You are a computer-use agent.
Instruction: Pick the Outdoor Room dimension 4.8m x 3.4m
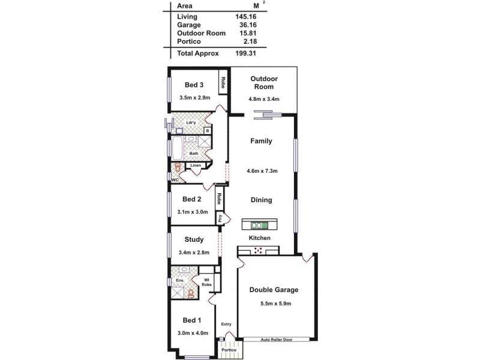coord(263,99)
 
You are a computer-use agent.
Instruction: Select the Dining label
coord(262,200)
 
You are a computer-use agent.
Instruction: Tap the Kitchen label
coord(260,238)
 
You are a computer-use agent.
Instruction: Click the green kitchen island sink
coord(260,226)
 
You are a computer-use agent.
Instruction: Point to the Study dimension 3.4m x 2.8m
coord(194,253)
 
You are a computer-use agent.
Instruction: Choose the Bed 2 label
coord(191,199)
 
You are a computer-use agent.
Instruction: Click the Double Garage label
coord(274,290)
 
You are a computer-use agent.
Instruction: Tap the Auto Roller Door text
coord(276,340)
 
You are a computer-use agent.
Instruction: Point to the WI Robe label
coord(206,282)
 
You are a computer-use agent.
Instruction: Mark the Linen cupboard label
coord(196,165)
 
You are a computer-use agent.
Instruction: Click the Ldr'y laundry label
coord(191,123)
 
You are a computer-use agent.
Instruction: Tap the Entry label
coord(226,325)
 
